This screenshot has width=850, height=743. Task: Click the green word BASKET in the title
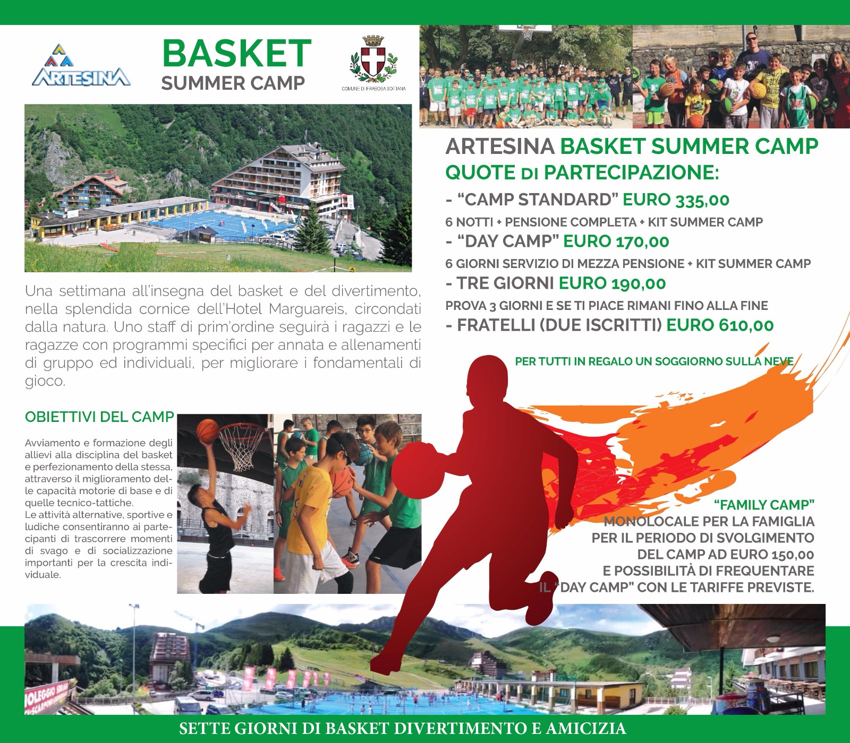pyautogui.click(x=236, y=53)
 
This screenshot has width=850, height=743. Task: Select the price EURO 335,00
pyautogui.click(x=676, y=200)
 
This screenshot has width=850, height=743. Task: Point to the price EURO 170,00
pyautogui.click(x=616, y=241)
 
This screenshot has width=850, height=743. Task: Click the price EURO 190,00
pyautogui.click(x=612, y=283)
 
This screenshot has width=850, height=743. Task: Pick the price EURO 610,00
pyautogui.click(x=720, y=325)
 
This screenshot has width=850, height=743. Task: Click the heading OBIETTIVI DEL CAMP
pyautogui.click(x=99, y=417)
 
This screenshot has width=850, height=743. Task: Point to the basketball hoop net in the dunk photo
pyautogui.click(x=241, y=446)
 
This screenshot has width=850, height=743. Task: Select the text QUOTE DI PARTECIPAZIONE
pyautogui.click(x=582, y=172)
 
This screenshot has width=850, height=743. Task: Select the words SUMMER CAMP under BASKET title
pyautogui.click(x=233, y=83)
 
